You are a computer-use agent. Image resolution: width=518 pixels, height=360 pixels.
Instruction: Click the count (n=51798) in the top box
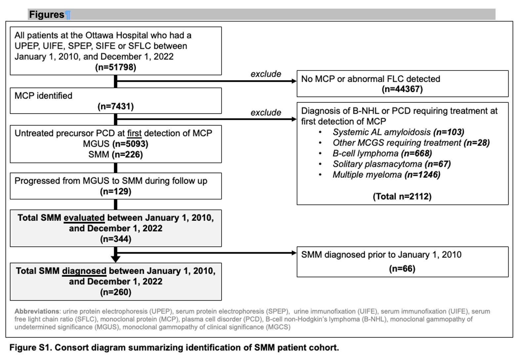coord(116,67)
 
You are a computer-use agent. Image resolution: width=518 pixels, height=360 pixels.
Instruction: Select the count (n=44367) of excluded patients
coord(402,89)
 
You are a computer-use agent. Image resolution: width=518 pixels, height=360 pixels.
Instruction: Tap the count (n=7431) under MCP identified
coord(116,107)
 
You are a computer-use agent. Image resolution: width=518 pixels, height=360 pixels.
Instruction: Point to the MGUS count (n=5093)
coord(130,144)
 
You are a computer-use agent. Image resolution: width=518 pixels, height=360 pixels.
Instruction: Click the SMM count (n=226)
coord(127,155)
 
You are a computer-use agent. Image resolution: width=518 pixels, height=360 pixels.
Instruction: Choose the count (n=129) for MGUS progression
coord(116,192)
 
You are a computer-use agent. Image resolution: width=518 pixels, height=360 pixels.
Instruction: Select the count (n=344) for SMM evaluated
coord(116,239)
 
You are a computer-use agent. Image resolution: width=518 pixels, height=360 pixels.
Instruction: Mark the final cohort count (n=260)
coord(116,292)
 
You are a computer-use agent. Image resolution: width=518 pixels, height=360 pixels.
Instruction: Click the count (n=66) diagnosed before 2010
coord(402,269)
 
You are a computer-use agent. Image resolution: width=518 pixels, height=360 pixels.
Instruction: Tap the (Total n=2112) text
coord(402,197)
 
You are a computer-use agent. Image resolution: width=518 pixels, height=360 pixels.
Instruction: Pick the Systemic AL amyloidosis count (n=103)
coord(449,132)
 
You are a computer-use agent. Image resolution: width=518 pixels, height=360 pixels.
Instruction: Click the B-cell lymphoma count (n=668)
coord(416,154)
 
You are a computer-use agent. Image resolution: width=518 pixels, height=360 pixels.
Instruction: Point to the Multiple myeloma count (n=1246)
coord(422,175)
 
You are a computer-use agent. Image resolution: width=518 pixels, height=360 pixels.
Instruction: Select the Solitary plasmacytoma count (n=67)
coord(438,164)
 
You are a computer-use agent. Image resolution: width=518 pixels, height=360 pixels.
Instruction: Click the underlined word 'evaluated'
coord(84,218)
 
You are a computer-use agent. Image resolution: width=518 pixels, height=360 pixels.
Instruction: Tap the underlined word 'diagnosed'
coord(84,271)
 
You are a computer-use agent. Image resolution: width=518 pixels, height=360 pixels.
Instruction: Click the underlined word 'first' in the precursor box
coord(134,133)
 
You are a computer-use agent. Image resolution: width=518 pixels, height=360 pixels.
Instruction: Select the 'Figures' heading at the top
coord(47,15)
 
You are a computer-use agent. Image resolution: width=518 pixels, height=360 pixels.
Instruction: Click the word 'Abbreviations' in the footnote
coord(37,311)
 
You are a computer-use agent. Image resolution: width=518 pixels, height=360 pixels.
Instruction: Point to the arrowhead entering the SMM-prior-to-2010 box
coord(294,253)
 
